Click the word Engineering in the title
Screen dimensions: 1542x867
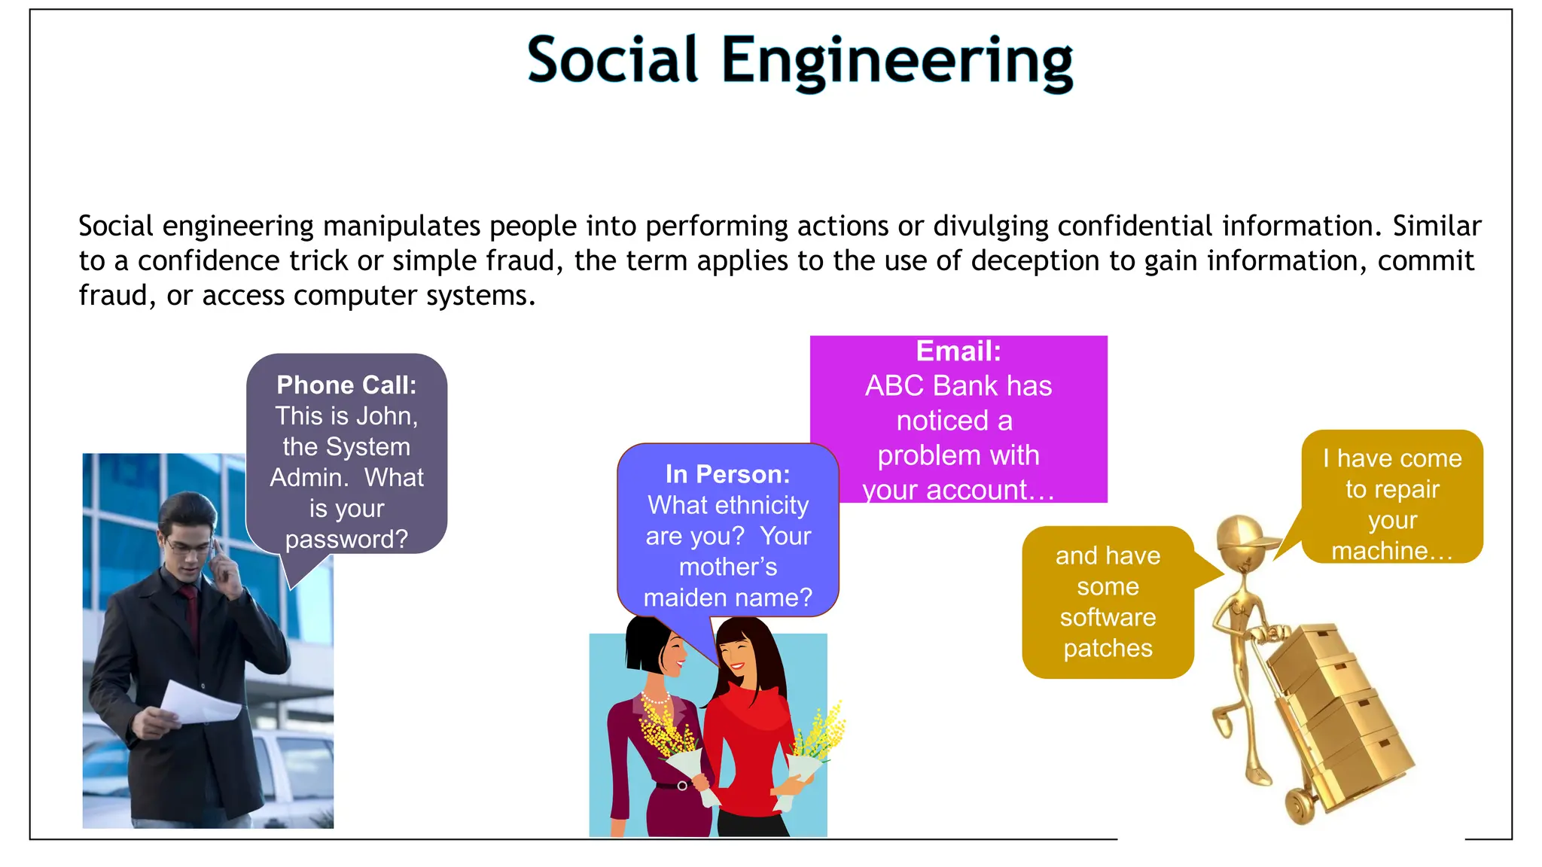pyautogui.click(x=897, y=62)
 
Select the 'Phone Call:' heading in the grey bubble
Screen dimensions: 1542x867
pyautogui.click(x=346, y=385)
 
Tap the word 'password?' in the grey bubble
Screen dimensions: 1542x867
pyautogui.click(x=346, y=540)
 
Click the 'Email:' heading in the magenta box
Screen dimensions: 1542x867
pyautogui.click(x=958, y=351)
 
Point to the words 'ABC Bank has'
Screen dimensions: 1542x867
pyautogui.click(x=958, y=386)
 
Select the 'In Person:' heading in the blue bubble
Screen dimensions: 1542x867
pyautogui.click(x=728, y=474)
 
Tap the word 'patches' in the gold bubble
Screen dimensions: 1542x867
pyautogui.click(x=1108, y=648)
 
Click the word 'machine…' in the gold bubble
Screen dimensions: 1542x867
pyautogui.click(x=1392, y=551)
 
